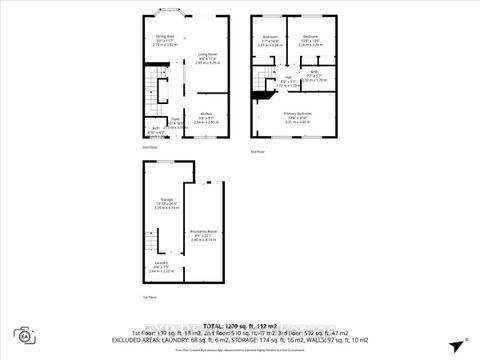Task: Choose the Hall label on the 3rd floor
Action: tap(286, 79)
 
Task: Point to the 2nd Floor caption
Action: tap(149, 147)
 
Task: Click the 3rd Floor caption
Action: tap(259, 150)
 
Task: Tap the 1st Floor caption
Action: tap(148, 298)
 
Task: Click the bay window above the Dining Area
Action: tap(162, 13)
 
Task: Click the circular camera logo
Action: tap(20, 334)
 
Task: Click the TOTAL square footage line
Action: tap(240, 326)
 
